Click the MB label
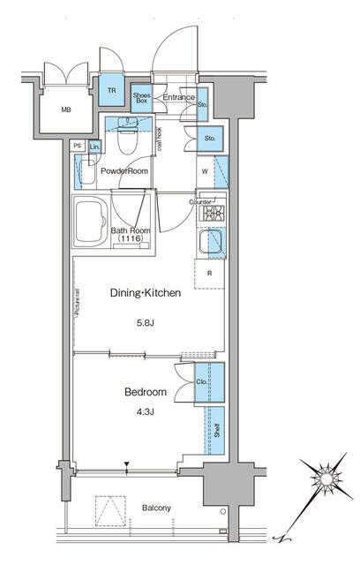66,110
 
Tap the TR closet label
112,91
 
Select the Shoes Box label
141,99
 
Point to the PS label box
78,146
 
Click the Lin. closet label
94,146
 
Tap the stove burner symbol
213,213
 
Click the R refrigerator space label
209,274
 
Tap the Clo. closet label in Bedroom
200,383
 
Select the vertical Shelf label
215,431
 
